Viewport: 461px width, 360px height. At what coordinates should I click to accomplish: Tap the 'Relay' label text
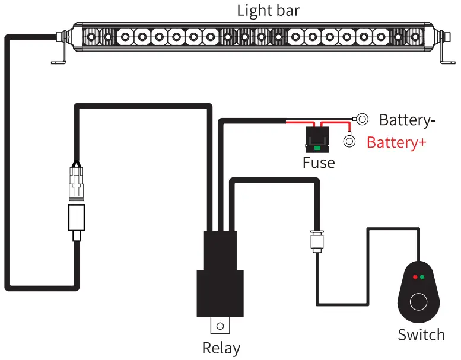pyautogui.click(x=221, y=348)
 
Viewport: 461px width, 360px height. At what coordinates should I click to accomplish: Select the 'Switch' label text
pyautogui.click(x=421, y=334)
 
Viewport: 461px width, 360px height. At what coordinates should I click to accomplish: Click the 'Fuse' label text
pyautogui.click(x=319, y=163)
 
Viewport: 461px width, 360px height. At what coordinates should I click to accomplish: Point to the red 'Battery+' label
pyautogui.click(x=396, y=143)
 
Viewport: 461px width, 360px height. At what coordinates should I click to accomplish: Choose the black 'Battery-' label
pyautogui.click(x=407, y=120)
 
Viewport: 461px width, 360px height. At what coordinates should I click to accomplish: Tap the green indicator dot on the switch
pyautogui.click(x=422, y=276)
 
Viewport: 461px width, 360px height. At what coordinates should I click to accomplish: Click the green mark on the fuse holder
pyautogui.click(x=319, y=147)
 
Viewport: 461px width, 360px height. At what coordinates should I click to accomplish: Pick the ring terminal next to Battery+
pyautogui.click(x=350, y=142)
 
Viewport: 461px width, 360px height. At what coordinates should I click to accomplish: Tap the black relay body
pyautogui.click(x=221, y=279)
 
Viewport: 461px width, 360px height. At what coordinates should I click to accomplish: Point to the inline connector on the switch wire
pyautogui.click(x=316, y=241)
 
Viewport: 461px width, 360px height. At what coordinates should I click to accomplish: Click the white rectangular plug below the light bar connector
pyautogui.click(x=77, y=217)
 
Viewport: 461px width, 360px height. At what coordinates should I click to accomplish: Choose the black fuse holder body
pyautogui.click(x=319, y=139)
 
